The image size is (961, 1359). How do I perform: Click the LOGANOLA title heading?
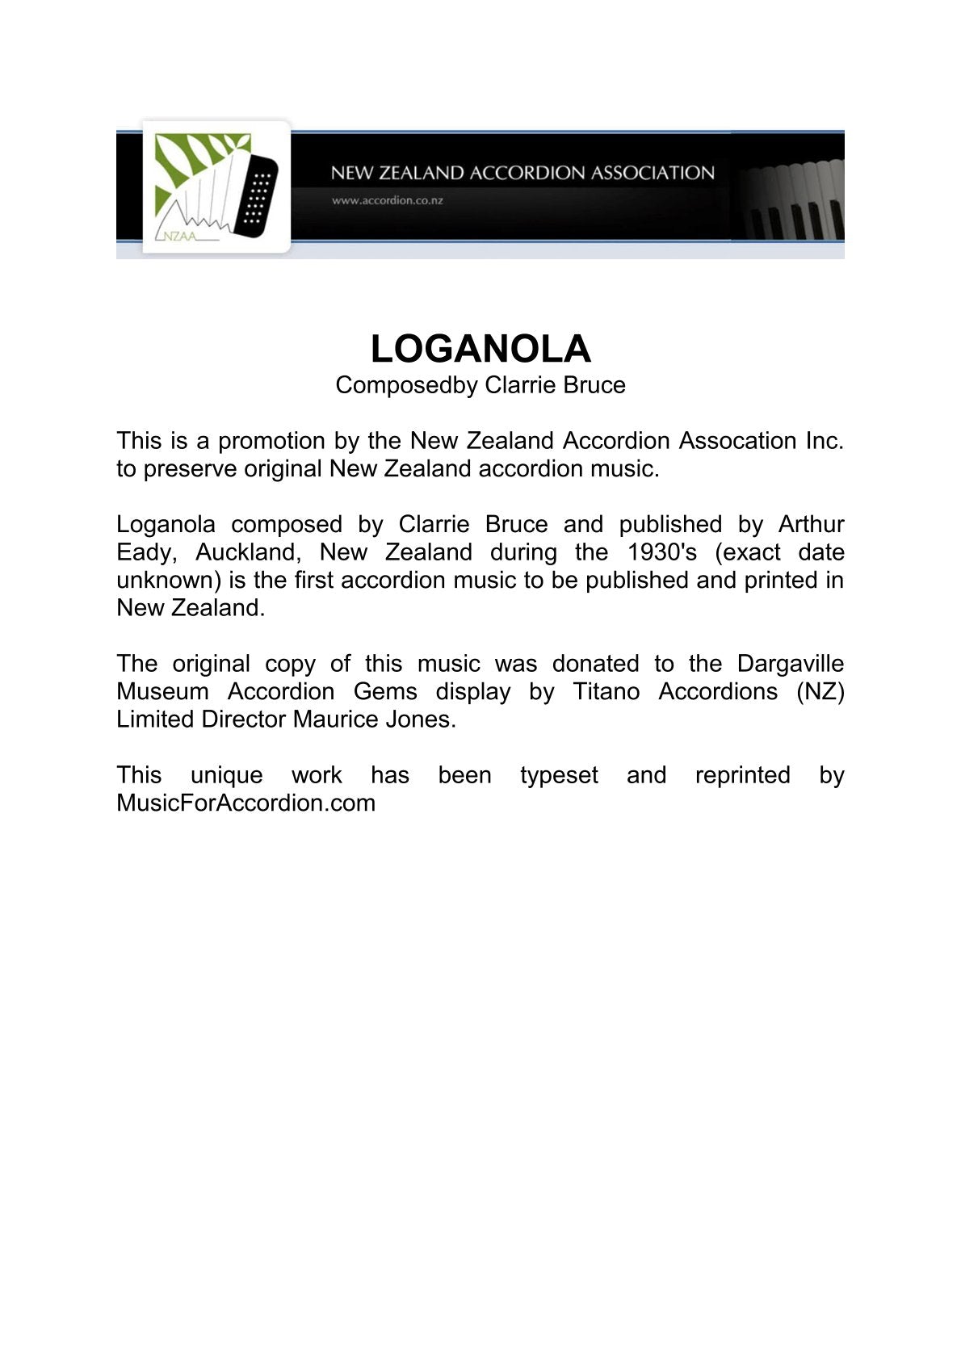tap(480, 349)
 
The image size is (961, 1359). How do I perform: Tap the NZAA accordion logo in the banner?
tap(216, 187)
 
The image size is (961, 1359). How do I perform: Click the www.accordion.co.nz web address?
tap(387, 200)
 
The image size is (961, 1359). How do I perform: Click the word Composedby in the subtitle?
tap(407, 385)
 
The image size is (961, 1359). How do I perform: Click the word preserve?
tap(190, 469)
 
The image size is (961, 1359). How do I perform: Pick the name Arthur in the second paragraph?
tap(811, 525)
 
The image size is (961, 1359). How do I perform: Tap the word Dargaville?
tap(790, 664)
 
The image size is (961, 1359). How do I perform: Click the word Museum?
tap(162, 692)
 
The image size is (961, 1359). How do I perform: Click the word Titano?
tap(606, 692)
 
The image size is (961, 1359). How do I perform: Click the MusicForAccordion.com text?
tap(246, 803)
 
